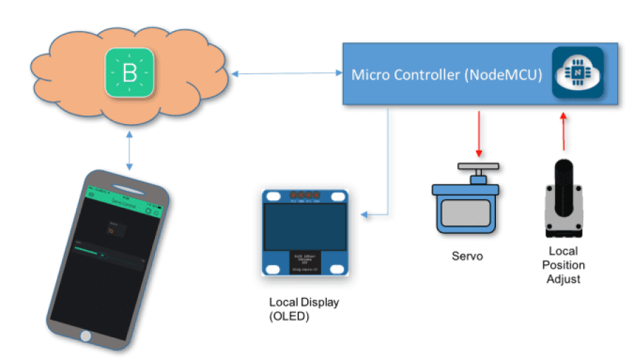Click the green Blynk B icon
point(130,72)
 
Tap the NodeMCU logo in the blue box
point(577,73)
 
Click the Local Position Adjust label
point(565,265)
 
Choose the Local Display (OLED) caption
point(304,309)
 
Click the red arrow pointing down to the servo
point(479,134)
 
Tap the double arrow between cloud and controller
point(289,73)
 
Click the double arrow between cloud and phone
point(130,150)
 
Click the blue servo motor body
point(468,209)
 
